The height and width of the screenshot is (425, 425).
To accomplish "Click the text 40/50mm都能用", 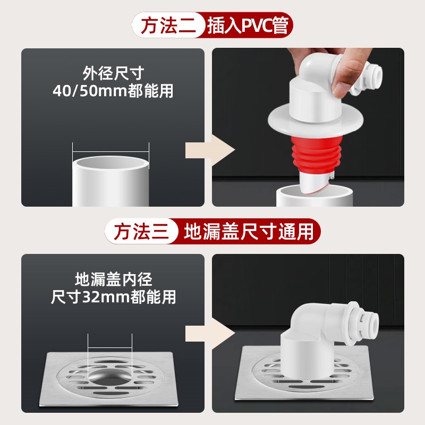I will click(113, 91).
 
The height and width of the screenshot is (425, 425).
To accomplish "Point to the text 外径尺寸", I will click(113, 73).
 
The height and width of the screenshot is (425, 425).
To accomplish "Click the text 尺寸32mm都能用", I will click(113, 296).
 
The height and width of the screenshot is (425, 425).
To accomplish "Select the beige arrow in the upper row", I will click(210, 150).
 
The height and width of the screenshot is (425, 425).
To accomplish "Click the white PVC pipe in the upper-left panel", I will click(110, 181).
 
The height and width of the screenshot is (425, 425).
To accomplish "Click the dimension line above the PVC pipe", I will click(110, 149).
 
